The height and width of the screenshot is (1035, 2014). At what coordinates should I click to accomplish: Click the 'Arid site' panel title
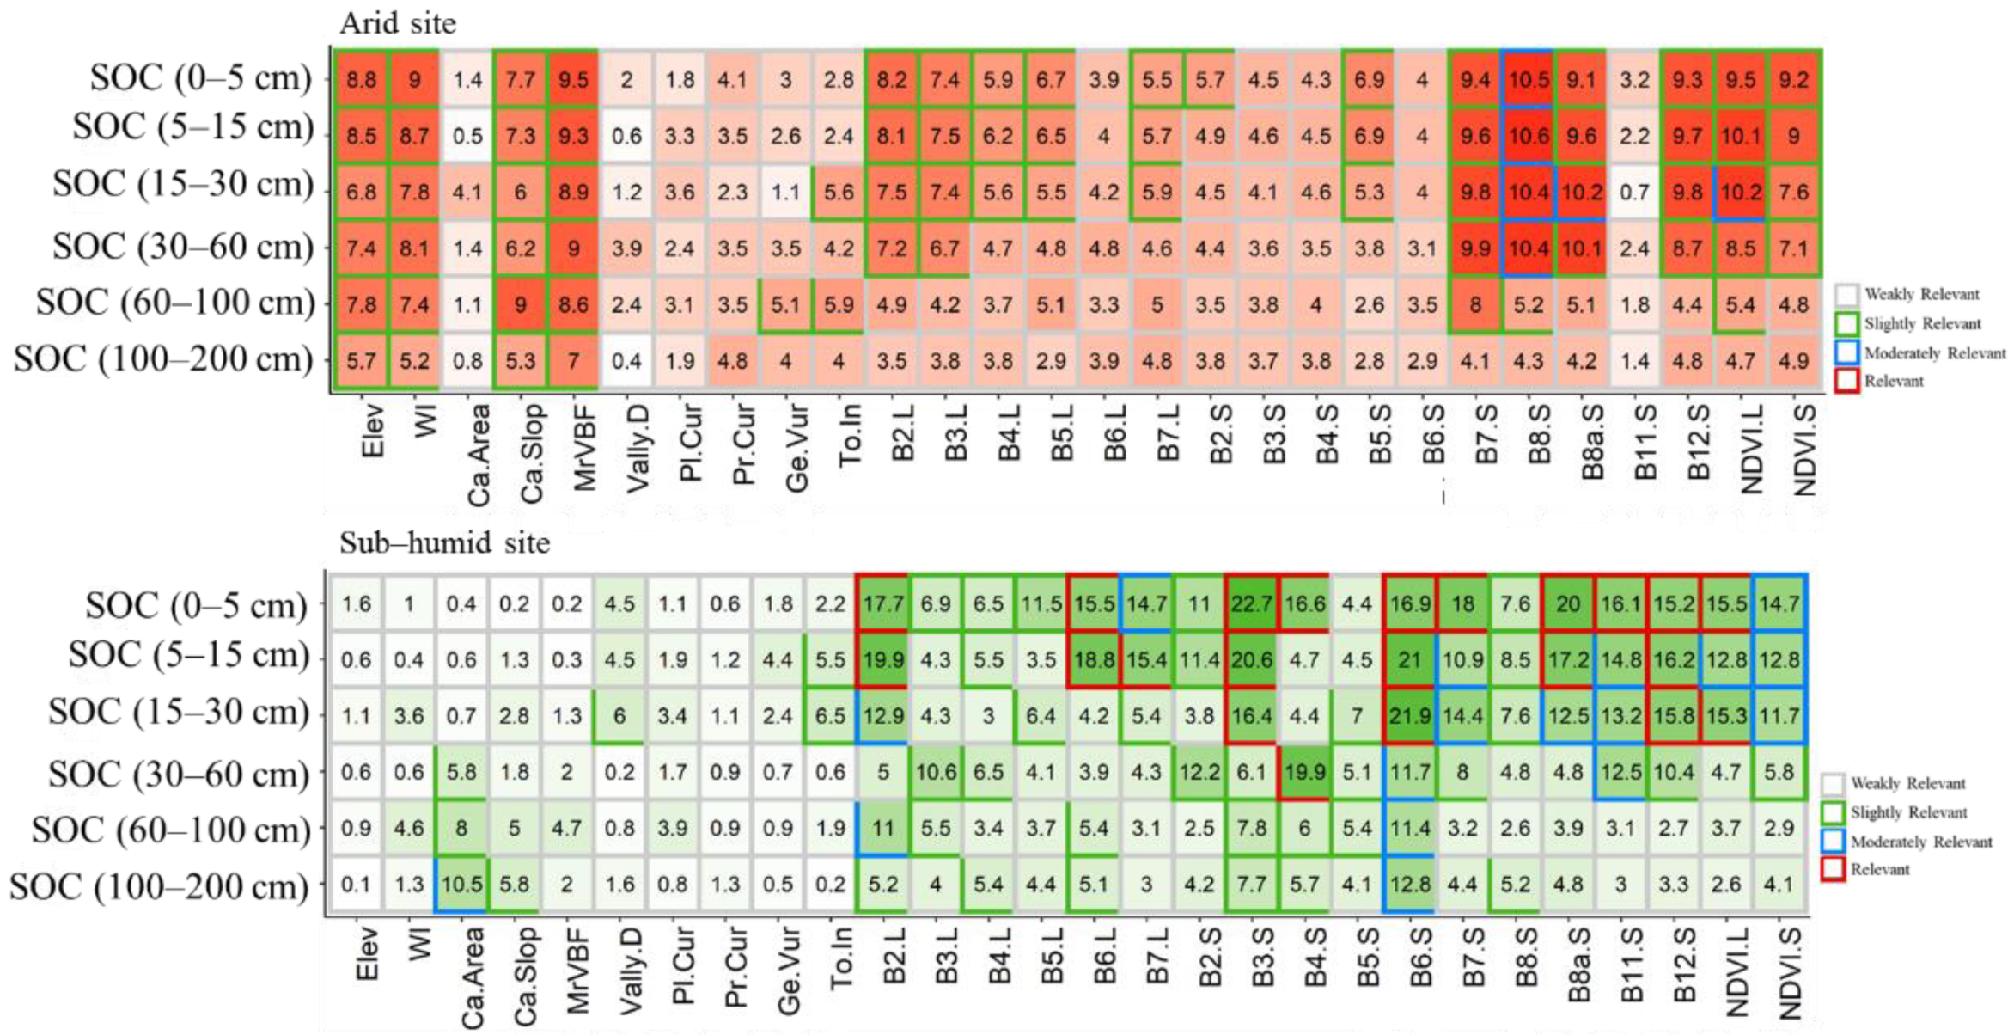(397, 23)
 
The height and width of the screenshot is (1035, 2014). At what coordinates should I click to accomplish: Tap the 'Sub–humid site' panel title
(444, 543)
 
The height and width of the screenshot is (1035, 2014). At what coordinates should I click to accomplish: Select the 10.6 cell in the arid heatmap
(1528, 136)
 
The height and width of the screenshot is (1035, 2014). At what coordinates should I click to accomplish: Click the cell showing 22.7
(1251, 604)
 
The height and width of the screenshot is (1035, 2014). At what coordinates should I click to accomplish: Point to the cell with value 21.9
(1409, 716)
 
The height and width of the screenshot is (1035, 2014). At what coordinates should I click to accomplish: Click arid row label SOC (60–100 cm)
(174, 303)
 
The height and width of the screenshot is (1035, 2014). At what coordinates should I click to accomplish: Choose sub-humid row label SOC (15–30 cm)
(178, 713)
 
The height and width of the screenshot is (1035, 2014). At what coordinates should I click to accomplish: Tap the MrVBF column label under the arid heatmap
(585, 448)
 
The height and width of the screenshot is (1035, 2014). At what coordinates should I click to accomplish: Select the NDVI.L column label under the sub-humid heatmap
(1737, 971)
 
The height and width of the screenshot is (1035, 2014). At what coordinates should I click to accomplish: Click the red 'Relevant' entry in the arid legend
(1894, 381)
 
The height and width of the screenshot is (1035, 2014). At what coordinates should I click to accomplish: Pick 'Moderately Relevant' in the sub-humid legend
(1921, 842)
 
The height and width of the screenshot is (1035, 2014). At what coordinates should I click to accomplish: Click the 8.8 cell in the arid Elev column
(361, 80)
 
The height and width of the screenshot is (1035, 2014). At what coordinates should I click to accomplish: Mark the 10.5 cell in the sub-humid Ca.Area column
(461, 885)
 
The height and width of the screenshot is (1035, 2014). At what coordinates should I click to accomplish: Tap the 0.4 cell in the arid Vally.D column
(626, 361)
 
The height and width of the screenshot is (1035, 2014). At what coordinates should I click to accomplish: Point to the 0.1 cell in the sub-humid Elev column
(356, 885)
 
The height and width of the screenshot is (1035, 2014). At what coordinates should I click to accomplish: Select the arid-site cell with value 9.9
(1474, 248)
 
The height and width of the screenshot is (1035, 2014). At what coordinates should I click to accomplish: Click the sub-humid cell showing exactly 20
(1567, 604)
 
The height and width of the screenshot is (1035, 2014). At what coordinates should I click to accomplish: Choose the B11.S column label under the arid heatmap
(1644, 443)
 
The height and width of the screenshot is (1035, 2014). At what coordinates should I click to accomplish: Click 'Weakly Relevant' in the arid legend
(1921, 294)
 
